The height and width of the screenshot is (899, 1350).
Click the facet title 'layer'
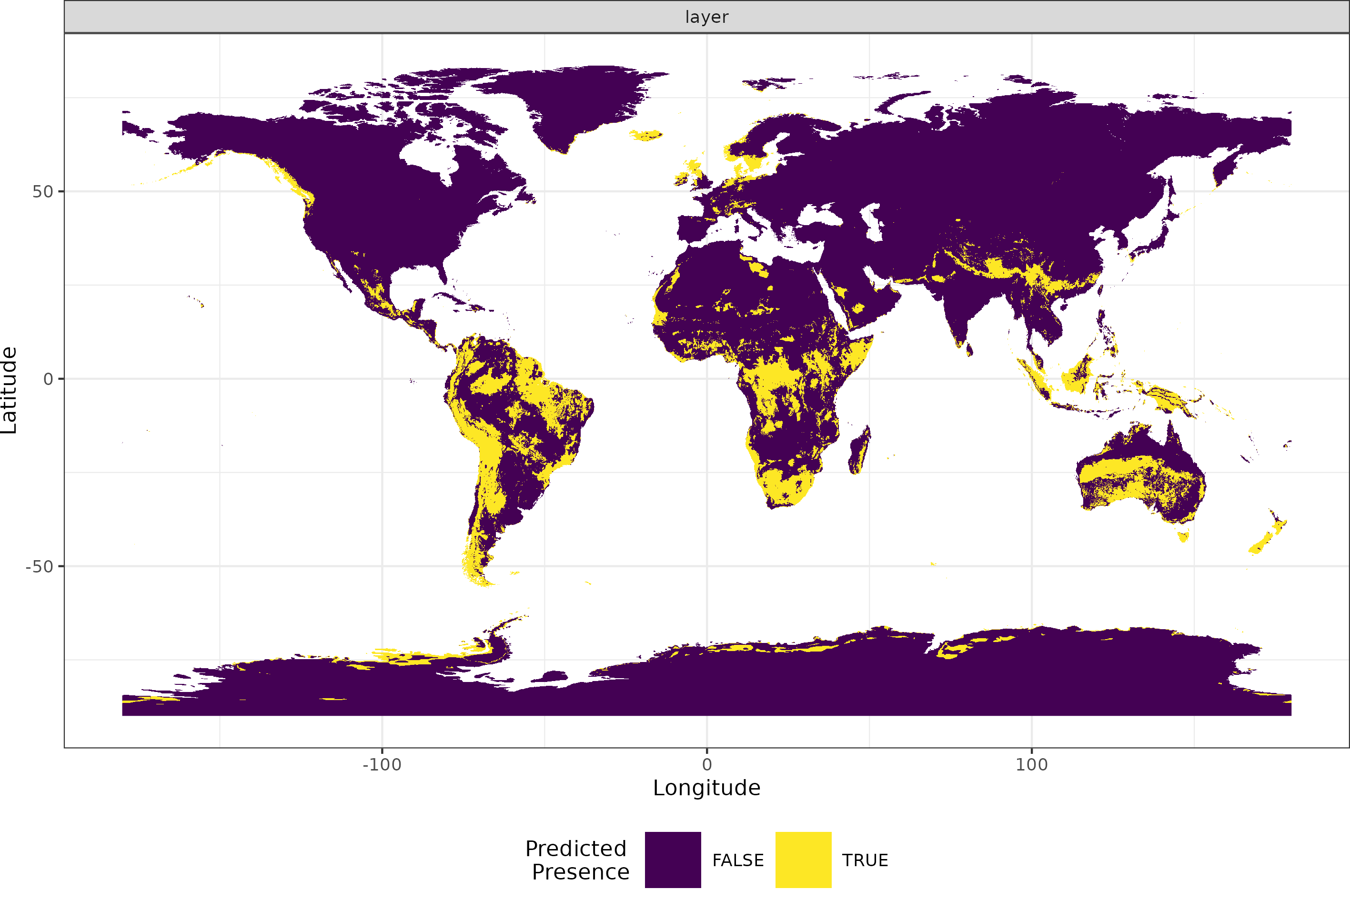pyautogui.click(x=706, y=17)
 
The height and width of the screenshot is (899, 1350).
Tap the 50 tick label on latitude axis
pyautogui.click(x=42, y=191)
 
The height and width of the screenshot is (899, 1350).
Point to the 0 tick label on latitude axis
pyautogui.click(x=48, y=379)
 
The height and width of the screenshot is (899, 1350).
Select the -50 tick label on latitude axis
pyautogui.click(x=39, y=566)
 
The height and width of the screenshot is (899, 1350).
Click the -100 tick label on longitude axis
pyautogui.click(x=382, y=764)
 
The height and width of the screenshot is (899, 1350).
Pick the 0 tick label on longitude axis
pyautogui.click(x=707, y=764)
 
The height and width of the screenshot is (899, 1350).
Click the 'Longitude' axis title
pyautogui.click(x=706, y=788)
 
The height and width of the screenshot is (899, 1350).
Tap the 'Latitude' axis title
pyautogui.click(x=9, y=390)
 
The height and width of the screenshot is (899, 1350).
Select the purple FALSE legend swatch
pyautogui.click(x=673, y=859)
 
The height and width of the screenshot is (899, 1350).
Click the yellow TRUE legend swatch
pyautogui.click(x=803, y=859)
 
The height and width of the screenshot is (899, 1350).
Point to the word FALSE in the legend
pyautogui.click(x=738, y=860)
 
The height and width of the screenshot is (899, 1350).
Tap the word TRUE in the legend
pyautogui.click(x=865, y=860)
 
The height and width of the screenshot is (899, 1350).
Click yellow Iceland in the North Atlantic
pyautogui.click(x=646, y=135)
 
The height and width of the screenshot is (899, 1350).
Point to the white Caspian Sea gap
pyautogui.click(x=872, y=224)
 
